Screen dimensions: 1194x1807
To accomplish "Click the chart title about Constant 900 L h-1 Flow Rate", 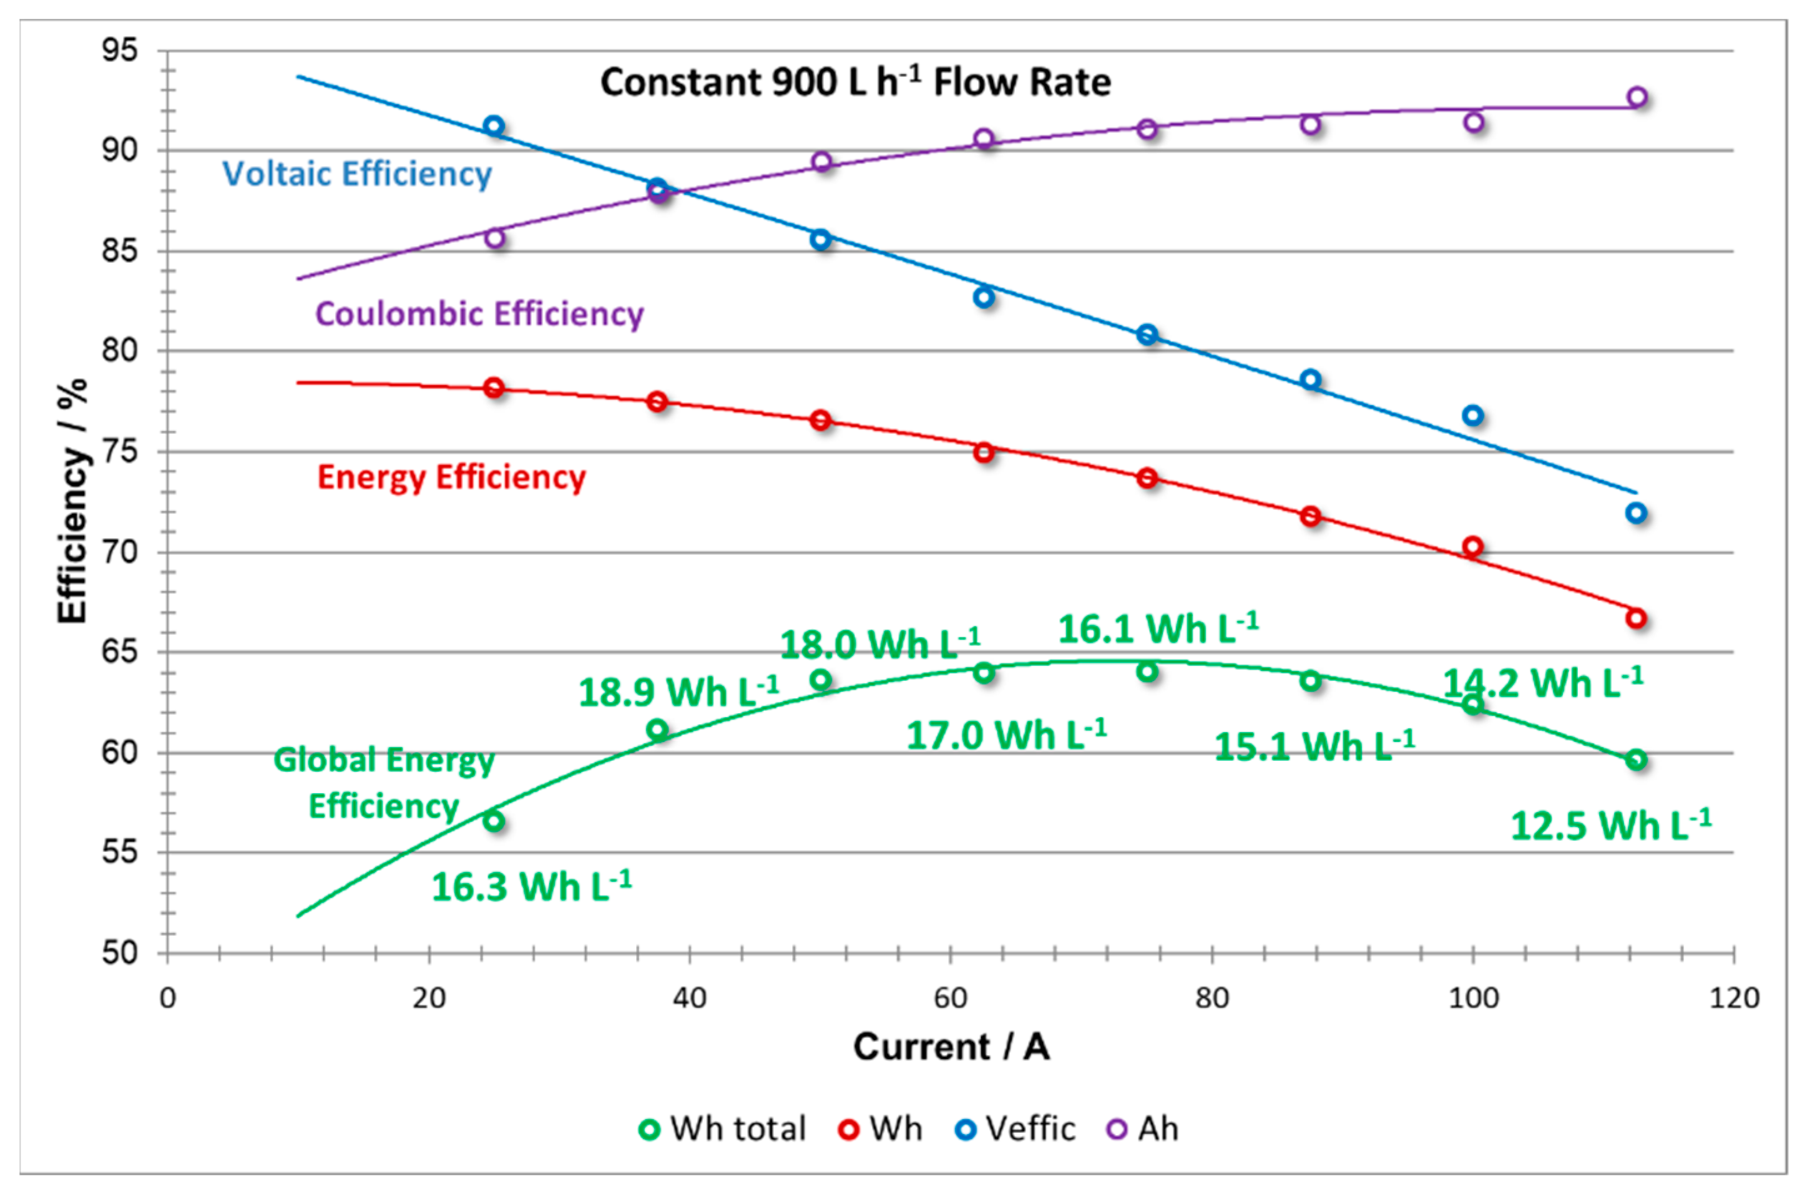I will pyautogui.click(x=855, y=82).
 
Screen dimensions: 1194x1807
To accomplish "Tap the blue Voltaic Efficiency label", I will pyautogui.click(x=356, y=174).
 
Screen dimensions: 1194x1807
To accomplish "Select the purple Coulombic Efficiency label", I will pyautogui.click(x=479, y=314).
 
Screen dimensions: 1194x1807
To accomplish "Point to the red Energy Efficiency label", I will pyautogui.click(x=451, y=477).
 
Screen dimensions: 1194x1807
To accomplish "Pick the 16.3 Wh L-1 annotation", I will pyautogui.click(x=531, y=886).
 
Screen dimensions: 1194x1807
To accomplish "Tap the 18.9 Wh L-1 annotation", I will pyautogui.click(x=678, y=692).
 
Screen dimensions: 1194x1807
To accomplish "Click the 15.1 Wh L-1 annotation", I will pyautogui.click(x=1313, y=745).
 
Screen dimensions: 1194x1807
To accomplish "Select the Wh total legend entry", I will pyautogui.click(x=722, y=1128).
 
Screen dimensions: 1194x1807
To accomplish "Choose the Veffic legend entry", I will pyautogui.click(x=1016, y=1128).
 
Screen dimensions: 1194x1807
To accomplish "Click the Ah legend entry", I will pyautogui.click(x=1142, y=1128).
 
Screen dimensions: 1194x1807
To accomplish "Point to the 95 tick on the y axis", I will pyautogui.click(x=120, y=51).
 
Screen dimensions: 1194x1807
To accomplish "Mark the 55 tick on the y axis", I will pyautogui.click(x=120, y=852).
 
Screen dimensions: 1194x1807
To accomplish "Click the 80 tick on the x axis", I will pyautogui.click(x=1212, y=997).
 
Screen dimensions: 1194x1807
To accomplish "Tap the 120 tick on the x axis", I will pyautogui.click(x=1734, y=997).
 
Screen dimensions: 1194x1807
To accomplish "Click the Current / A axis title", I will pyautogui.click(x=951, y=1047).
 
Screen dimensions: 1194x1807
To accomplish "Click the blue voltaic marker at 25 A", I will pyautogui.click(x=494, y=125).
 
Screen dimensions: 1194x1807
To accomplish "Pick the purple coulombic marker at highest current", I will pyautogui.click(x=1637, y=97).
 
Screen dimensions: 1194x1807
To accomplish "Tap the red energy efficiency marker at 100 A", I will pyautogui.click(x=1472, y=547).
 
